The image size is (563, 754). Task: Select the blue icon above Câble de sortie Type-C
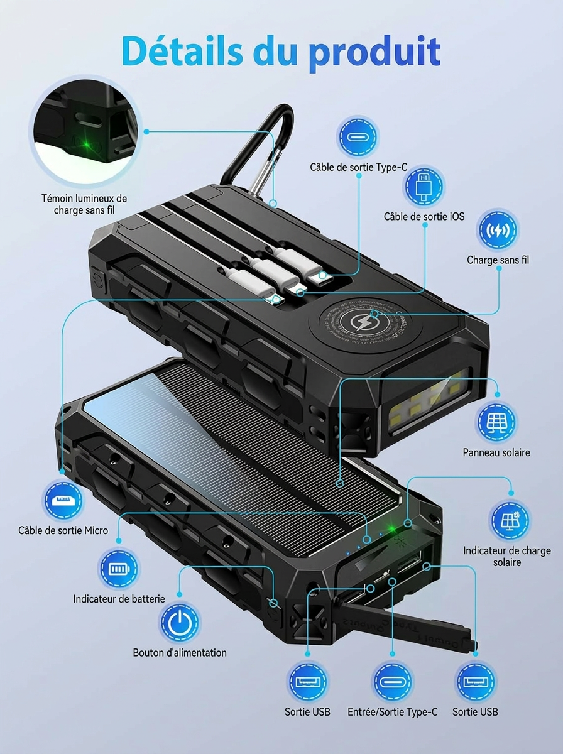[358, 137]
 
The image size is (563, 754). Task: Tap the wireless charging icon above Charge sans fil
[498, 230]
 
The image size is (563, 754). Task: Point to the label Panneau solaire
[496, 452]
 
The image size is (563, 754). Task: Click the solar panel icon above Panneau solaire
[496, 422]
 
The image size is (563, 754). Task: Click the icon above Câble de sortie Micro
[62, 500]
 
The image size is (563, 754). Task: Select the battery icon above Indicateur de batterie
[119, 569]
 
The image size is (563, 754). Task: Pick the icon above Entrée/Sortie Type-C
[392, 681]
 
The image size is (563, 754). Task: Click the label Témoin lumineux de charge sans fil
[84, 204]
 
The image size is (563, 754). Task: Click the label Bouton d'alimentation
[180, 652]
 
